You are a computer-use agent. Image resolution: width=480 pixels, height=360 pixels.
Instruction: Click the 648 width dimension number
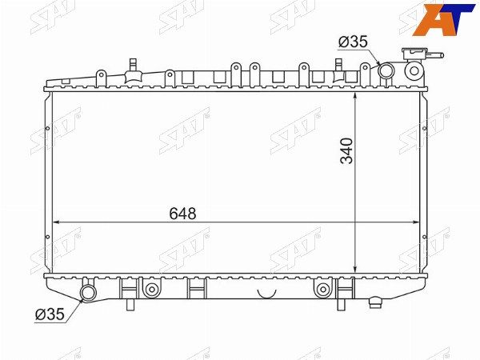pos(182,214)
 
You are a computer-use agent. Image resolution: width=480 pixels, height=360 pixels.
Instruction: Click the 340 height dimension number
pos(347,151)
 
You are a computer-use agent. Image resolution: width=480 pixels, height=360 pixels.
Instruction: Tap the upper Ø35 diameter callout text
pos(353,42)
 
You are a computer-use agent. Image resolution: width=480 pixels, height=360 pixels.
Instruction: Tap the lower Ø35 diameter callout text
pos(50,314)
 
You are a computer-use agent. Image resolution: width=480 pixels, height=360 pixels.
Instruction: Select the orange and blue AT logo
pos(443,19)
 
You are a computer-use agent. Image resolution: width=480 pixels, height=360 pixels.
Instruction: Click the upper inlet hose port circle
pos(386,70)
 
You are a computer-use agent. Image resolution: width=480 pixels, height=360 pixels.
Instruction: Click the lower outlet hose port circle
pos(88,293)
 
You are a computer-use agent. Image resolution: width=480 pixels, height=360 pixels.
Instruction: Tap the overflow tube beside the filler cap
pos(434,55)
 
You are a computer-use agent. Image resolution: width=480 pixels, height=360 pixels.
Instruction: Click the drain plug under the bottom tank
pos(375,302)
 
